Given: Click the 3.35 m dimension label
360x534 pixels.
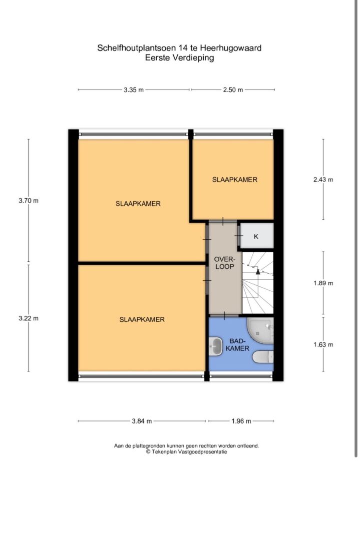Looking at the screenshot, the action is pyautogui.click(x=134, y=90).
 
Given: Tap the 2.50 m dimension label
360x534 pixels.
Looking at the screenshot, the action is pyautogui.click(x=233, y=90).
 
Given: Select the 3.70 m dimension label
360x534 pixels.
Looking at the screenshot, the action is pyautogui.click(x=29, y=201).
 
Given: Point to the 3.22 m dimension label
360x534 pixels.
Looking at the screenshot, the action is pyautogui.click(x=29, y=318).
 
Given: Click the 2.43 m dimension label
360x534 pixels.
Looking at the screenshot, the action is pyautogui.click(x=323, y=180).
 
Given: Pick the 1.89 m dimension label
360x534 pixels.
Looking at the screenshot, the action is pyautogui.click(x=323, y=283).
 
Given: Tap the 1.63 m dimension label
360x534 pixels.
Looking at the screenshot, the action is pyautogui.click(x=323, y=345).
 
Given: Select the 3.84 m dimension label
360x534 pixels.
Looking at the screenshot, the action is pyautogui.click(x=142, y=421).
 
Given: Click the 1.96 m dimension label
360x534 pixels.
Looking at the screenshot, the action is pyautogui.click(x=241, y=421).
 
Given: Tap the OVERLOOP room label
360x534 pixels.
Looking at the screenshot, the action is pyautogui.click(x=224, y=263).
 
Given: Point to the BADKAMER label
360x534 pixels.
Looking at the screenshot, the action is pyautogui.click(x=237, y=345).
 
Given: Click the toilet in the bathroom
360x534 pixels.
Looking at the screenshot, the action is pyautogui.click(x=263, y=357).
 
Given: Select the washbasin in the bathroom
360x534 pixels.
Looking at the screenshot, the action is pyautogui.click(x=215, y=346).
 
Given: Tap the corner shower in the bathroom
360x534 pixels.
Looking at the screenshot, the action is pyautogui.click(x=260, y=331).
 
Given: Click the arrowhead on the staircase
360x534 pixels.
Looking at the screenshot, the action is pyautogui.click(x=258, y=271).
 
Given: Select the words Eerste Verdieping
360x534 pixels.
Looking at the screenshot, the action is pyautogui.click(x=179, y=58).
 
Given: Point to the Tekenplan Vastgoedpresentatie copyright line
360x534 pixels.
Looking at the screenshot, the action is pyautogui.click(x=186, y=452).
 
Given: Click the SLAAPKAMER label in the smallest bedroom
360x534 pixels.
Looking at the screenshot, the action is pyautogui.click(x=235, y=180).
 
